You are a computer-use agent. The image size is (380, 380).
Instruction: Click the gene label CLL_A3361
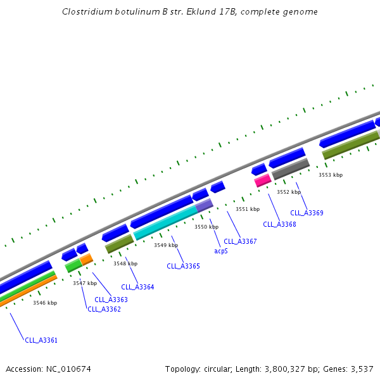click(41, 340)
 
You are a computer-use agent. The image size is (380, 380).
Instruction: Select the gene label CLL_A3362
click(104, 309)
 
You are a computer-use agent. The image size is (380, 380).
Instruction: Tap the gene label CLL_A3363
click(111, 300)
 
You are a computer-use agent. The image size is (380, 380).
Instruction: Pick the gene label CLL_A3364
click(137, 287)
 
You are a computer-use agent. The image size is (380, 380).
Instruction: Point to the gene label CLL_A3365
click(183, 266)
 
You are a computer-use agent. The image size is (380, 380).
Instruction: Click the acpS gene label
click(220, 251)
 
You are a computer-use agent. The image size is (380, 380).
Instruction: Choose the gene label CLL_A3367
click(240, 241)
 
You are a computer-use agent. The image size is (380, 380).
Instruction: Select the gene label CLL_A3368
click(279, 224)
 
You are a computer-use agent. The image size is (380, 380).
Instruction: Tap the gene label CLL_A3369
click(307, 213)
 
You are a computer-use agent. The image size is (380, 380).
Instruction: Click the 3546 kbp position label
click(45, 303)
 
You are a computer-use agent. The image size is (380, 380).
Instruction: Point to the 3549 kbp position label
click(166, 245)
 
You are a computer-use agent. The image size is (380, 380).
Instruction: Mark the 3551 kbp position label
click(248, 209)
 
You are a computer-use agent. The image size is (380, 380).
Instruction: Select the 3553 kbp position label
click(331, 175)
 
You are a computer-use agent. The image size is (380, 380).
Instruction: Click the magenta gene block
click(263, 180)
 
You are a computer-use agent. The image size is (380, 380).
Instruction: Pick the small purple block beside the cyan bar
click(205, 205)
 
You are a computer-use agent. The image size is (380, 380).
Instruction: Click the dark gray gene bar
click(291, 168)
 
